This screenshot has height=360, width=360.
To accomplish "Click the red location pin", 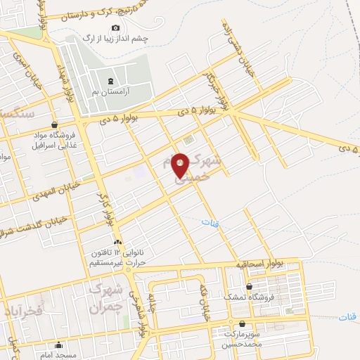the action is point(181,165).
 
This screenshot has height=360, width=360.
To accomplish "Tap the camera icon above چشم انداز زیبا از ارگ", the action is point(116,27).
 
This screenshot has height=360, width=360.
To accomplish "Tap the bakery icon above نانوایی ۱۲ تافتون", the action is point(117,242).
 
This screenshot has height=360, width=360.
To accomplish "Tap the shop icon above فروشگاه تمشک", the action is point(250,286).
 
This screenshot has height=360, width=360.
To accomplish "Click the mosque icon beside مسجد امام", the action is point(58,345).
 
